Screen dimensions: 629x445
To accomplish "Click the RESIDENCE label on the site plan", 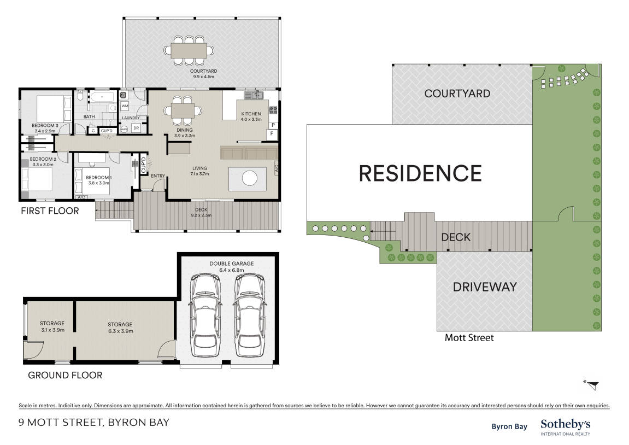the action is point(420,173).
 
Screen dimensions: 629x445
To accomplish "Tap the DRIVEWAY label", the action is point(485,287).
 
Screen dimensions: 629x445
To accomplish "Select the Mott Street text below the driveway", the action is point(469,338).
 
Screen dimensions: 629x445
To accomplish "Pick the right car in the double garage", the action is point(250,315).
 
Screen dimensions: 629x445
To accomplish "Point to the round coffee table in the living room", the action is point(249,178).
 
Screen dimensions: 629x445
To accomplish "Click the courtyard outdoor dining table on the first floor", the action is point(189,51).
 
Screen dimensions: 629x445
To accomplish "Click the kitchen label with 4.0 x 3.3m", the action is point(251,116).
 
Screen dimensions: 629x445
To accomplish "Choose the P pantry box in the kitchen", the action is point(272,125).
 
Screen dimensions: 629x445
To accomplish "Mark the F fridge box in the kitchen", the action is point(272,133).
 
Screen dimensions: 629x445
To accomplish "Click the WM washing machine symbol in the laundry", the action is point(125,106).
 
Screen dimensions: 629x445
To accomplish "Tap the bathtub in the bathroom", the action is point(103,97).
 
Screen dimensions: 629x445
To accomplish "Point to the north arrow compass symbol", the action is point(592,384).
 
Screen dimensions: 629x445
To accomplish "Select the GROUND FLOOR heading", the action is point(65,375).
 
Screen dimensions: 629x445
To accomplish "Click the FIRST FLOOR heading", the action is point(50,210).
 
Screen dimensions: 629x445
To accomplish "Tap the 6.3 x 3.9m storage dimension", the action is point(120,331).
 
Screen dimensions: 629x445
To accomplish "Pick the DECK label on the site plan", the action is point(456,237).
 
